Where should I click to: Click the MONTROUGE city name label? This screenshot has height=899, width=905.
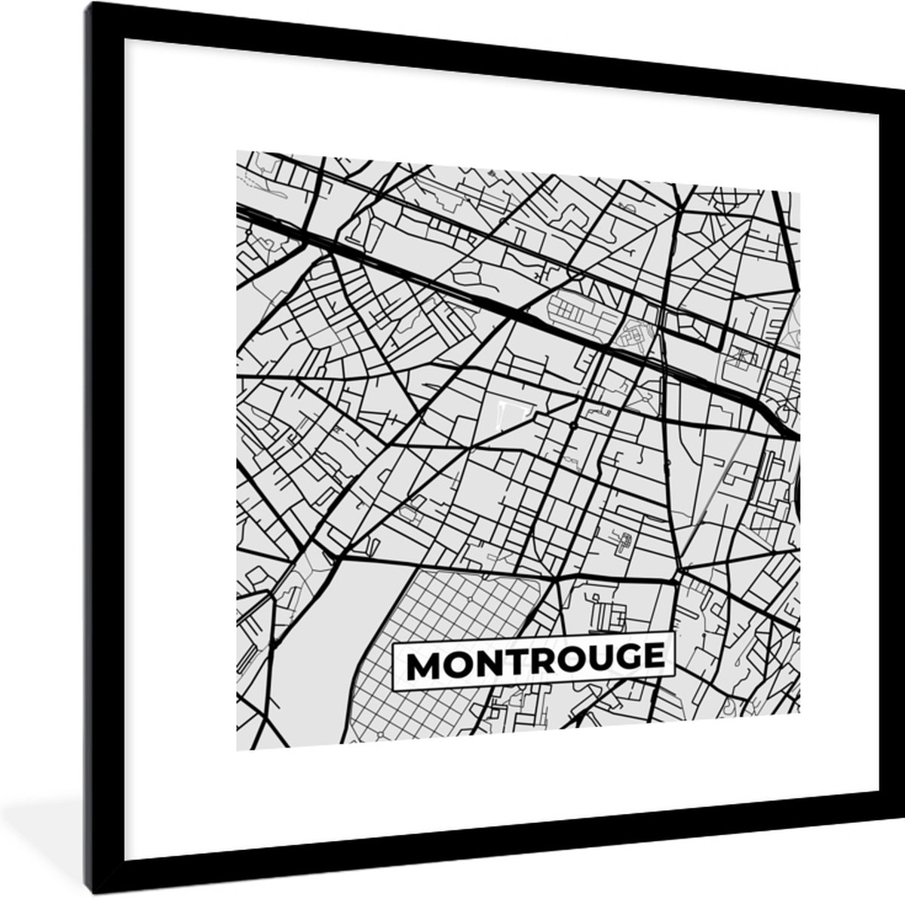[x=532, y=662]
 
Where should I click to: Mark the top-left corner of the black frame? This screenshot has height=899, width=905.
[x=87, y=4]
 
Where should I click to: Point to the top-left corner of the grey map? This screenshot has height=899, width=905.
[x=238, y=151]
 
